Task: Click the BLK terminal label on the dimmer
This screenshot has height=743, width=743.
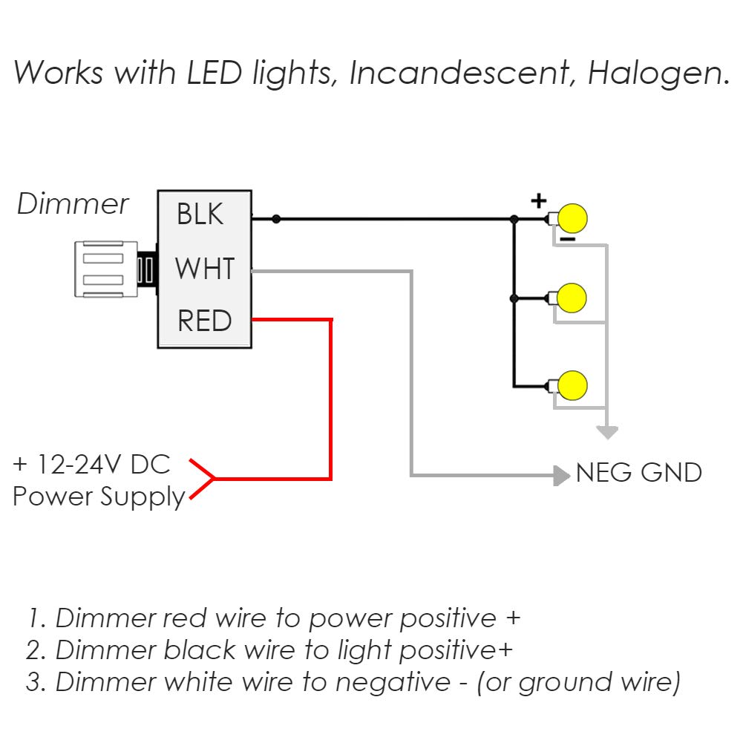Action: [200, 215]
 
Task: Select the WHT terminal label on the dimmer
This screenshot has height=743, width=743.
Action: [205, 268]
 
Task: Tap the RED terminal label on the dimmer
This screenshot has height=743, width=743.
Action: [205, 321]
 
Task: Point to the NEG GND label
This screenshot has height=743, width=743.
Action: [638, 473]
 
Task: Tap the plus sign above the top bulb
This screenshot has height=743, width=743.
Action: [538, 200]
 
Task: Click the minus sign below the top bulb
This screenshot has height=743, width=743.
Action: [566, 239]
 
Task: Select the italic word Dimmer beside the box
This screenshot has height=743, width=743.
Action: [73, 204]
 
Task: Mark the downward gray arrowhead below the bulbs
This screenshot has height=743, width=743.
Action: [608, 432]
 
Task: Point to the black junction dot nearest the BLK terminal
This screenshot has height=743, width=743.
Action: [276, 219]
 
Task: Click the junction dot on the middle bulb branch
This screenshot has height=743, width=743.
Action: [514, 298]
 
